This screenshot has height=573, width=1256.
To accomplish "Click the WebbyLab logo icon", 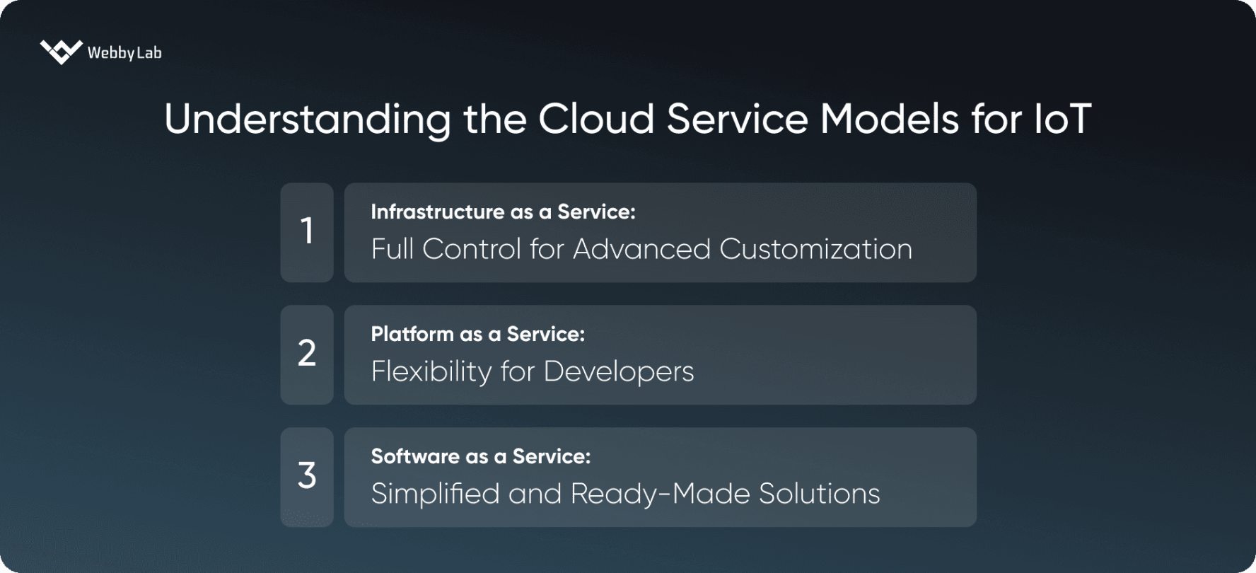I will (61, 52).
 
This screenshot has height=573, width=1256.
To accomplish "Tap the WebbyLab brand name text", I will (124, 53).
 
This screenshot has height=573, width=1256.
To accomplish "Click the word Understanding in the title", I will (307, 119).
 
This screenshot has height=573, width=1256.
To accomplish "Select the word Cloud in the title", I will (596, 119).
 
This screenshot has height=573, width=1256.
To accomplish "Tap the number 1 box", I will (307, 232).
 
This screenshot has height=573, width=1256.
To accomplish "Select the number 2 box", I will (307, 354).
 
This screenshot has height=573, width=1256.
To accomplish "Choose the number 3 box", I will (307, 477).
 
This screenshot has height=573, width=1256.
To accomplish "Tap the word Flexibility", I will (431, 371).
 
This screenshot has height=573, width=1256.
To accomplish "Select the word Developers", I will (619, 371).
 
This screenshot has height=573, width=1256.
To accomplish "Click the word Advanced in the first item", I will (641, 249).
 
